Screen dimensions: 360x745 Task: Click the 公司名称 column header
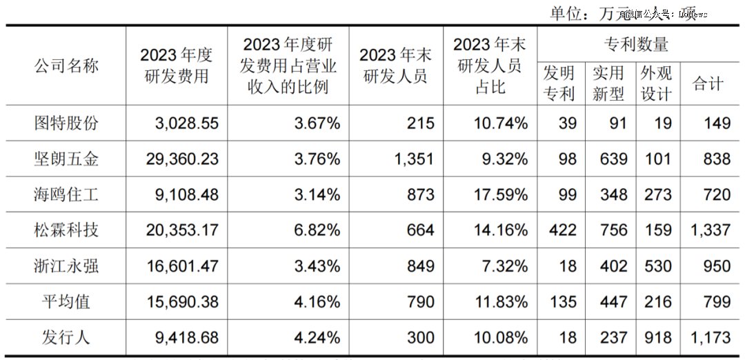[66, 66]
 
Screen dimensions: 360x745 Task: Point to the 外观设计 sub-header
[656, 83]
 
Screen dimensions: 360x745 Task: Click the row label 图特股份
[66, 123]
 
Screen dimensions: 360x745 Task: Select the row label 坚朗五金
[66, 159]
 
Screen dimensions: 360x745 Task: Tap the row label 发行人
[66, 337]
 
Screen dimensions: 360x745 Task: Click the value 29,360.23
[182, 159]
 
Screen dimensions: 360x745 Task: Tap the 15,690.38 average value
[182, 302]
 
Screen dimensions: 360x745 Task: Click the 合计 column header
[708, 83]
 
